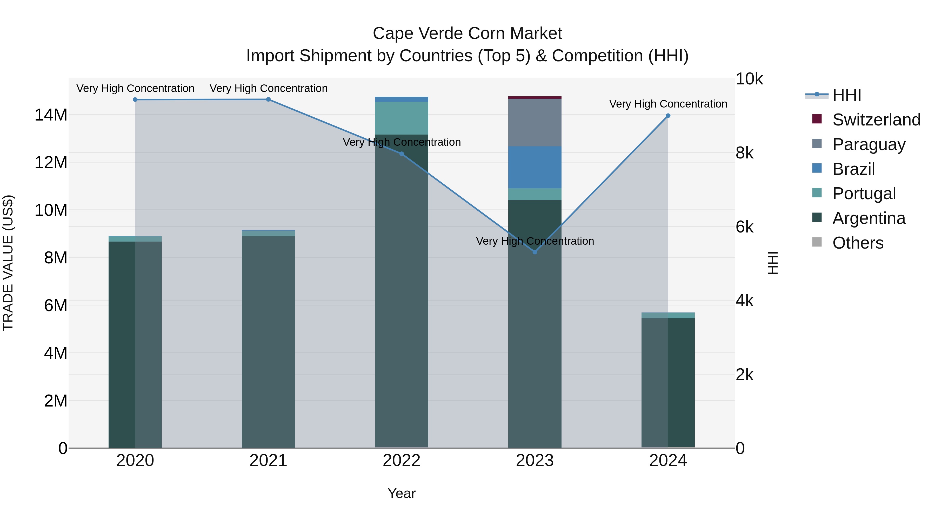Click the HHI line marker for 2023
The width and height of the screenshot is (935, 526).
click(535, 252)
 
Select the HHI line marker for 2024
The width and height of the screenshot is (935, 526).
click(668, 116)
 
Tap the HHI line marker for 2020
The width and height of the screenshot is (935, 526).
click(135, 99)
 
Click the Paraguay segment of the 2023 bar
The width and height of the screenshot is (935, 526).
click(535, 123)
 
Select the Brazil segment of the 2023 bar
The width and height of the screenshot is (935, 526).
click(535, 167)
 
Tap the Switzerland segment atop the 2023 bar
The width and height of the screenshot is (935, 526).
click(535, 98)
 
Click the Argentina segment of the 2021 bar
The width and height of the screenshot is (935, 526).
click(268, 341)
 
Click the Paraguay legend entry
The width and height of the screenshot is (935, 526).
click(869, 144)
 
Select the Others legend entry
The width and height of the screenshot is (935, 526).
click(857, 243)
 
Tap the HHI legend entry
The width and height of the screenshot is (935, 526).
click(846, 95)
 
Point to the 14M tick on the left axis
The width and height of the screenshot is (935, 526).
click(51, 115)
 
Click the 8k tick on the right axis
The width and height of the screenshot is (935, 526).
click(744, 153)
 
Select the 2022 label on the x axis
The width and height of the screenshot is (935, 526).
click(402, 461)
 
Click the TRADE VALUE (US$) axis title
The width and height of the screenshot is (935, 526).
click(8, 263)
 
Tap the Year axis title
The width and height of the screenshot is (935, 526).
click(402, 493)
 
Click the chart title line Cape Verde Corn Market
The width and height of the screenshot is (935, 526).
click(467, 34)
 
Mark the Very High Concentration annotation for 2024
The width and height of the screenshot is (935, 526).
click(668, 104)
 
